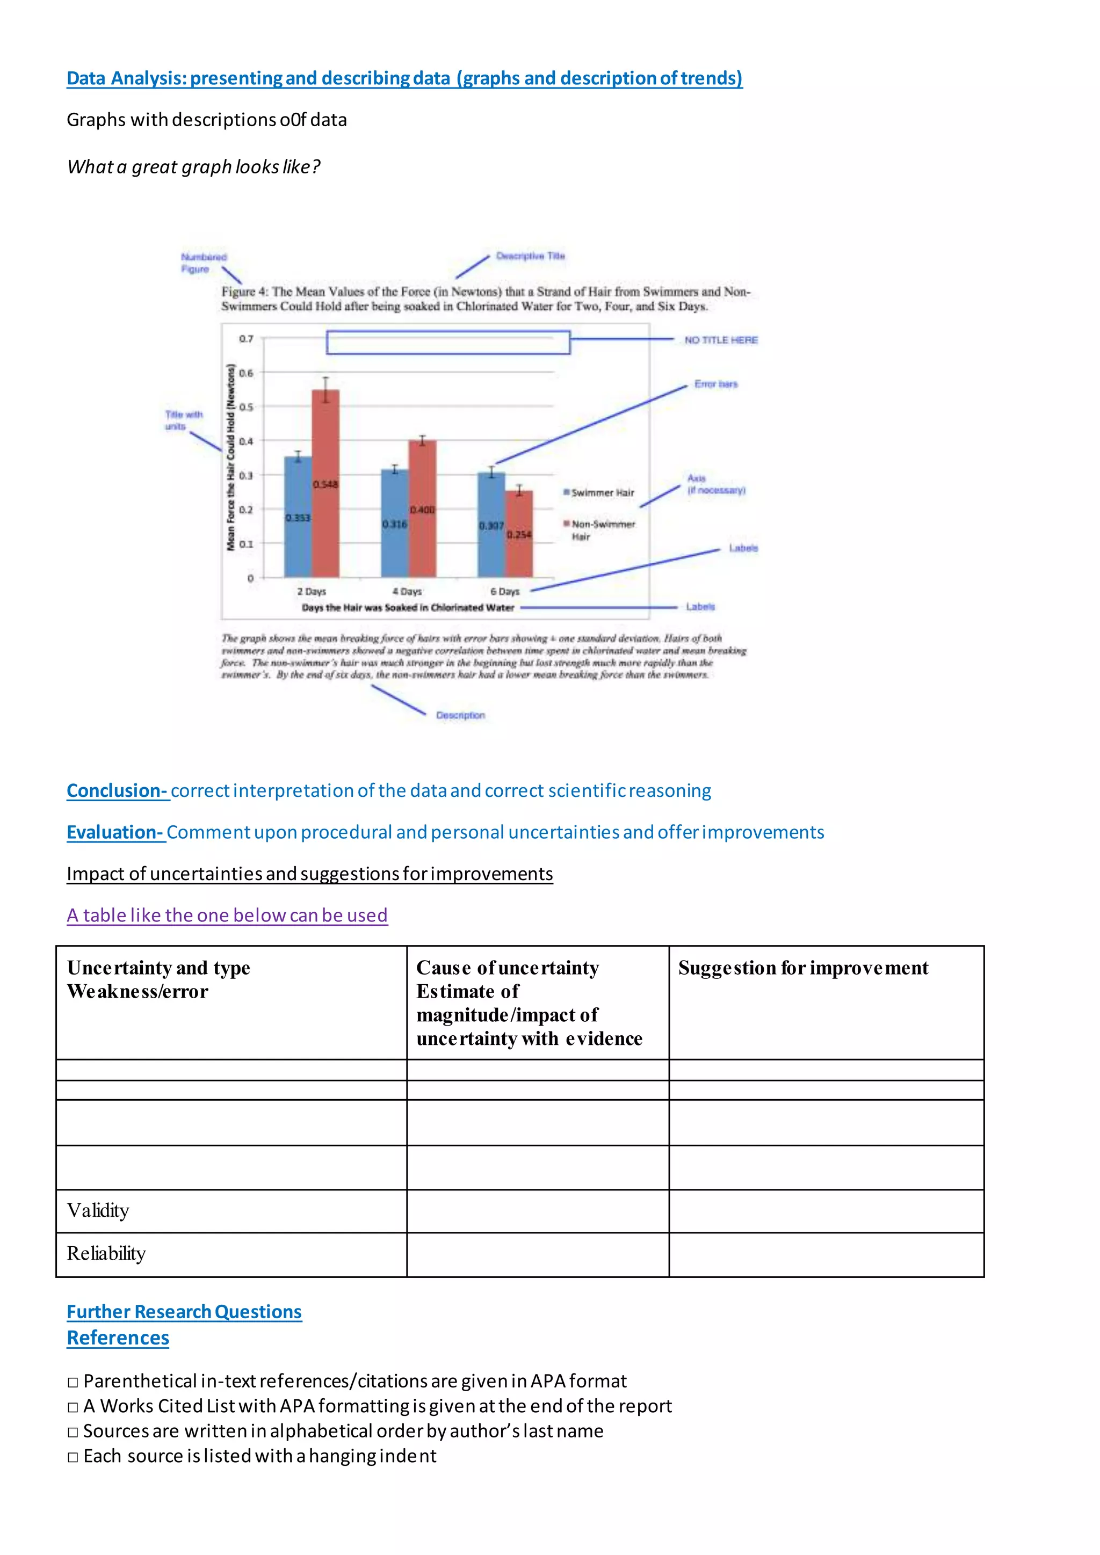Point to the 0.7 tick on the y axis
246,339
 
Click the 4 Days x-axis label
407,591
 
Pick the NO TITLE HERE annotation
721,340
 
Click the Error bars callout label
715,384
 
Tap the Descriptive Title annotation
530,256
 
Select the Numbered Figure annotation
203,263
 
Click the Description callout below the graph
460,715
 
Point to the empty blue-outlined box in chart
448,343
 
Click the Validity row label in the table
98,1210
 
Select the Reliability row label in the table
106,1254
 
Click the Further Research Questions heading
184,1312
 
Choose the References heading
118,1338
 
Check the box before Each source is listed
73,1457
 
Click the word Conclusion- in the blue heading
117,790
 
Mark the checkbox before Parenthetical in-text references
73,1382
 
